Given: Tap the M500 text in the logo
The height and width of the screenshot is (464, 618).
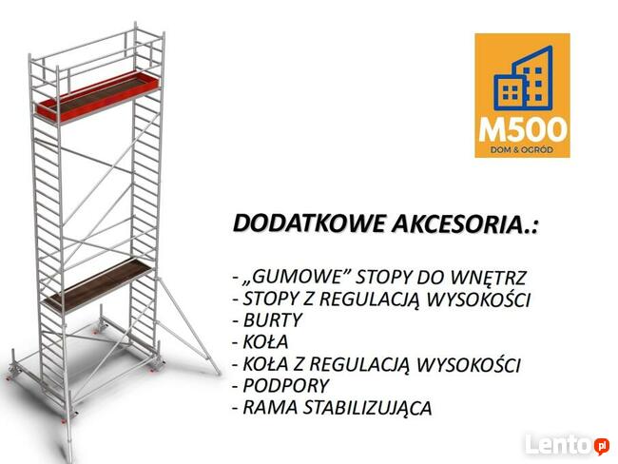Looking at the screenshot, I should [522, 128].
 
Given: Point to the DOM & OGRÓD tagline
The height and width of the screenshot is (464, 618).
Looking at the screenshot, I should [522, 147].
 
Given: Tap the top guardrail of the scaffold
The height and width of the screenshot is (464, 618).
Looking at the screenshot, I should [95, 40].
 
